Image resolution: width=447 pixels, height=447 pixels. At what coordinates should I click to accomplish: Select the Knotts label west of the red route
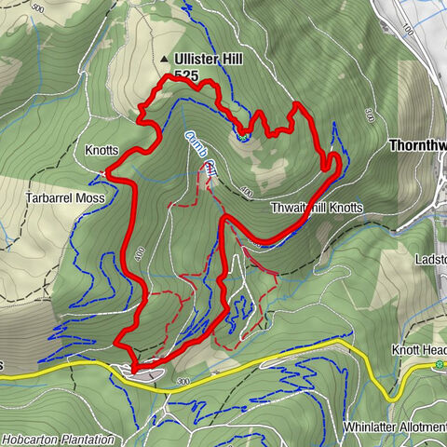102,150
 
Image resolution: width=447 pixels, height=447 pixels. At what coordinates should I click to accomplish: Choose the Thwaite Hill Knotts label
317,207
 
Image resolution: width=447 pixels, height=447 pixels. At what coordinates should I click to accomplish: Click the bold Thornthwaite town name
417,146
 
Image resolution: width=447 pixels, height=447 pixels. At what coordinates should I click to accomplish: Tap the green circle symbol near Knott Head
440,364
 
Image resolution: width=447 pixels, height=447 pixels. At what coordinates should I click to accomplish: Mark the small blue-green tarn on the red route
243,136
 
